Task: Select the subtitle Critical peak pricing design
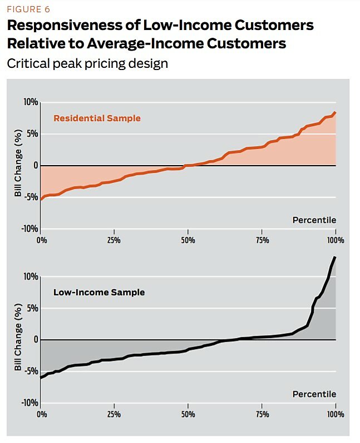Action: [x=87, y=63]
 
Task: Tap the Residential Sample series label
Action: [x=97, y=118]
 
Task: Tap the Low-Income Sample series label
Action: [x=98, y=292]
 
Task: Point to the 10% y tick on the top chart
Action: [x=30, y=103]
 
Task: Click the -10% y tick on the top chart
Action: [x=29, y=229]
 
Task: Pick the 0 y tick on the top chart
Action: [x=35, y=166]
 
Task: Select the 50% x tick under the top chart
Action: [x=188, y=240]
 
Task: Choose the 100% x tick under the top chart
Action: [x=336, y=240]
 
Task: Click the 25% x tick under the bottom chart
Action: [x=114, y=415]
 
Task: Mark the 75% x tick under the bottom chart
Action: [x=262, y=415]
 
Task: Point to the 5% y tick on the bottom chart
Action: [x=32, y=308]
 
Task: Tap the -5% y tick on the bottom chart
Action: [x=31, y=371]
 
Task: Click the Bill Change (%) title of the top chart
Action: [x=18, y=165]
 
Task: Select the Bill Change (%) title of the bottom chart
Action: [x=18, y=339]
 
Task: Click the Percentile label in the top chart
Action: [x=314, y=220]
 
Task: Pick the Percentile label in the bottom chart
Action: [x=314, y=394]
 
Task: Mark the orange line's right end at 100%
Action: [x=336, y=113]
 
